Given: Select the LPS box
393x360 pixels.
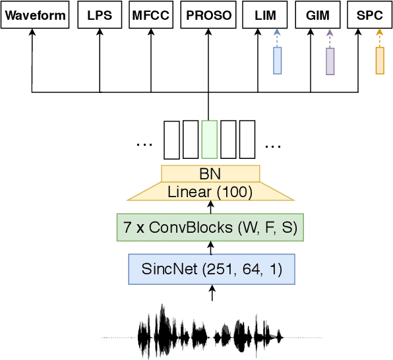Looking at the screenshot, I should [x=100, y=15].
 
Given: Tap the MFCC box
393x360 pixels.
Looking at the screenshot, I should [x=151, y=15].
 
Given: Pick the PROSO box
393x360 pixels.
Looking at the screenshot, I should [x=208, y=15].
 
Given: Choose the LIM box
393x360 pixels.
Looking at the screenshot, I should [x=265, y=15].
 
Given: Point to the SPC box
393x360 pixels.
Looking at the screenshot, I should [x=369, y=15].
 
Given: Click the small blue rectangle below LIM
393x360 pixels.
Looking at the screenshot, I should [x=278, y=60].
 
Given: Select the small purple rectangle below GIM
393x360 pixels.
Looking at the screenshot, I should [x=330, y=61].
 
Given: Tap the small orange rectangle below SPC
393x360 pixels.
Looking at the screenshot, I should [x=380, y=60].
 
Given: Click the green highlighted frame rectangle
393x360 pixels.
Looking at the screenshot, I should [x=209, y=139].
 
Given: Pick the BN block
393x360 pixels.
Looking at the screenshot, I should [x=210, y=173].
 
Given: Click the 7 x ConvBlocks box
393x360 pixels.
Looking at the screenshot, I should [x=210, y=227].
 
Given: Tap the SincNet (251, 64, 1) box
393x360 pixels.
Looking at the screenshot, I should [x=212, y=269].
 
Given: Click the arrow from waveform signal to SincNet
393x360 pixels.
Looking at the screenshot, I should [x=212, y=294].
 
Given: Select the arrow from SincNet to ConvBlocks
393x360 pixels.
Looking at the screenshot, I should [x=211, y=247].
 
